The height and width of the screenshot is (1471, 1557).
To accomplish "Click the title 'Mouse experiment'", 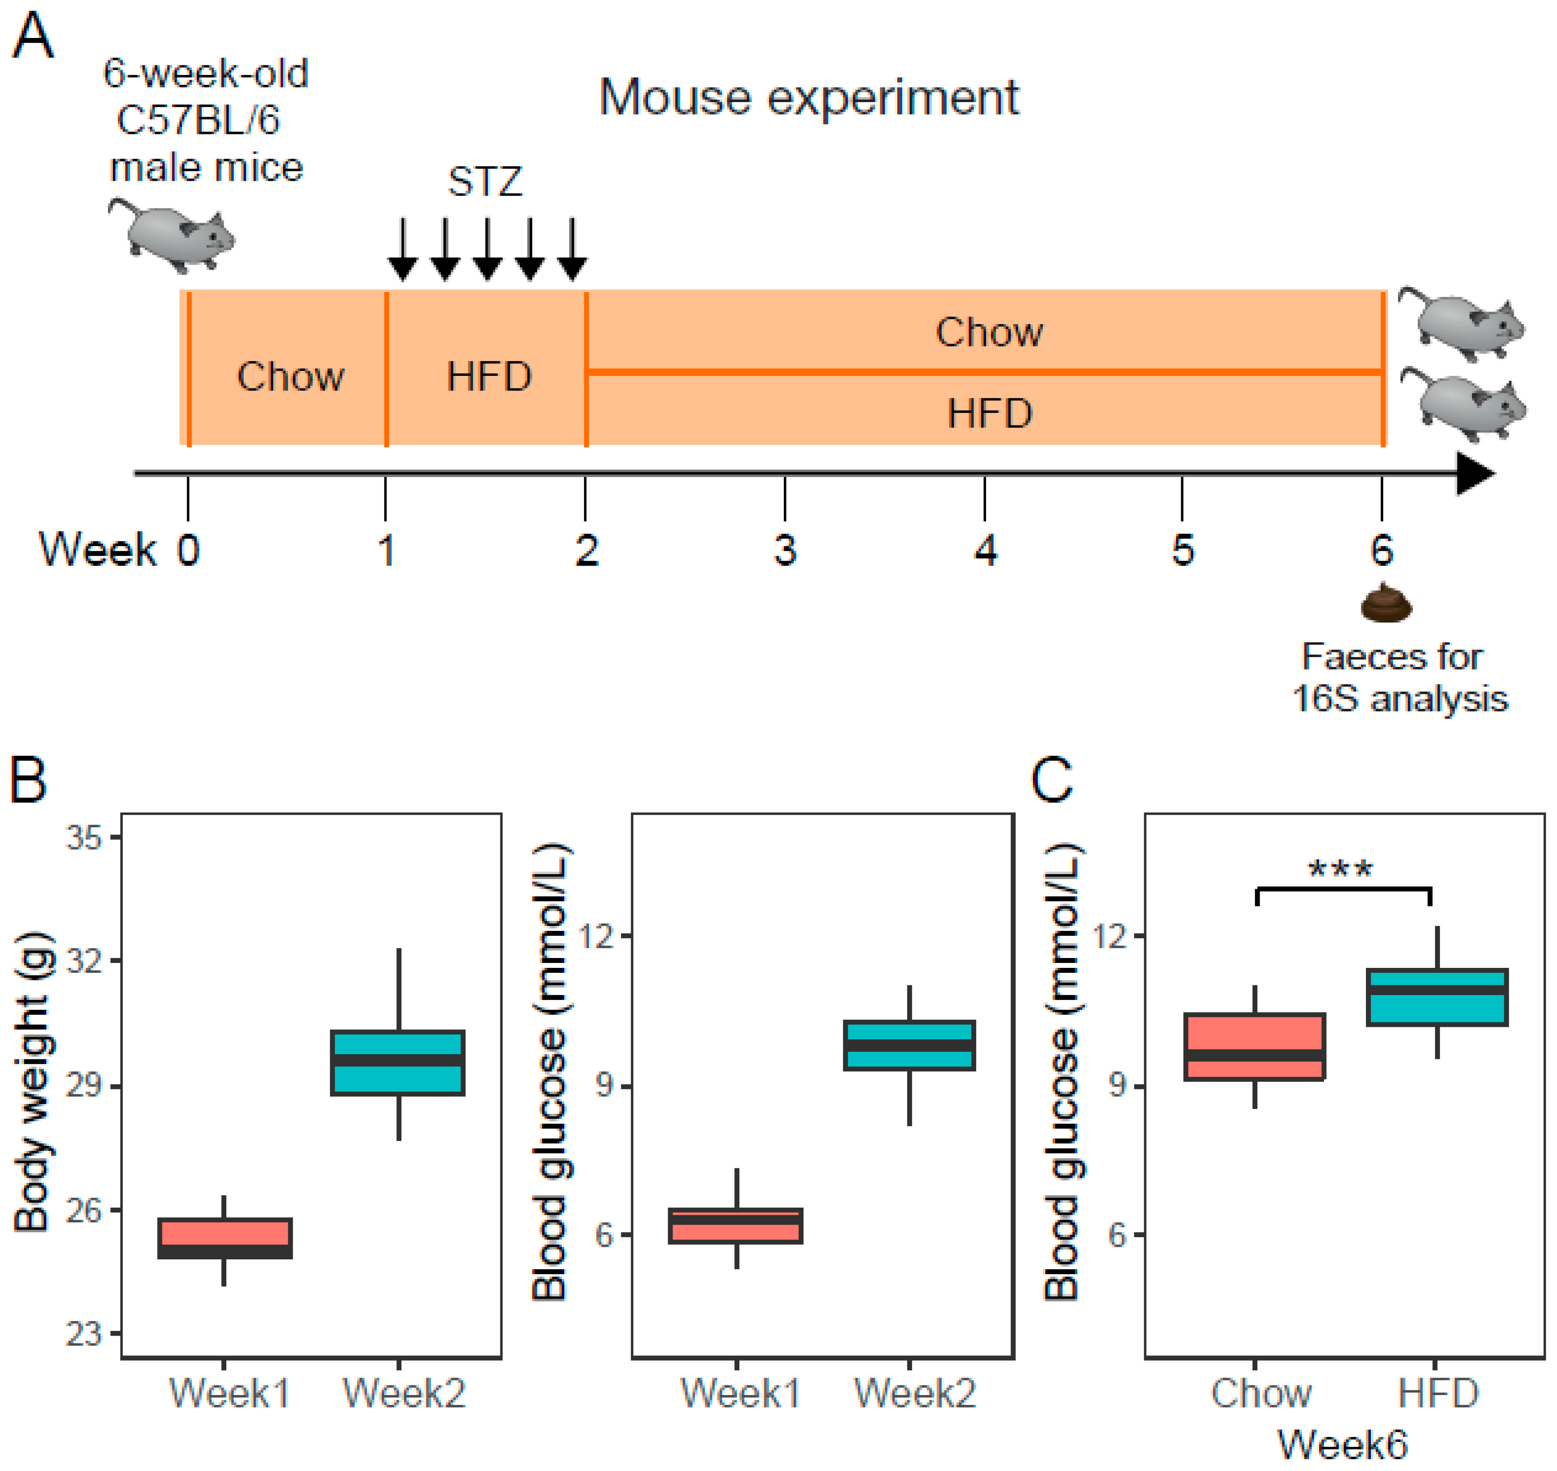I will coord(808,98).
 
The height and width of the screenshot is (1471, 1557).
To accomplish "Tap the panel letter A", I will coord(33,37).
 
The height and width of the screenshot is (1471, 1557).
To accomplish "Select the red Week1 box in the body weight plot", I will coord(225,1239).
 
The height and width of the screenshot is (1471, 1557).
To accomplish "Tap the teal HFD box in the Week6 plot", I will coord(1436,997).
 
